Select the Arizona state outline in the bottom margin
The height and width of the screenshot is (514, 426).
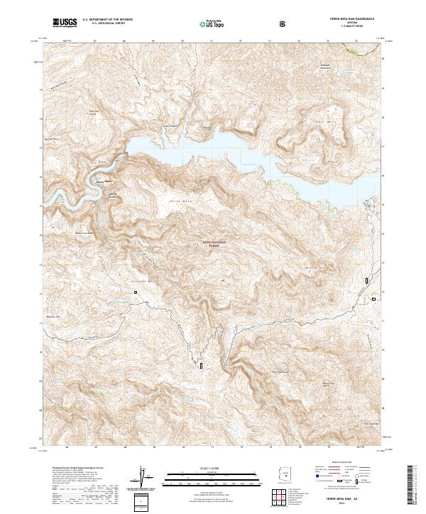281,473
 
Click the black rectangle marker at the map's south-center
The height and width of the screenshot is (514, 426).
201,365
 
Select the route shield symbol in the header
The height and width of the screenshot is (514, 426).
283,23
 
